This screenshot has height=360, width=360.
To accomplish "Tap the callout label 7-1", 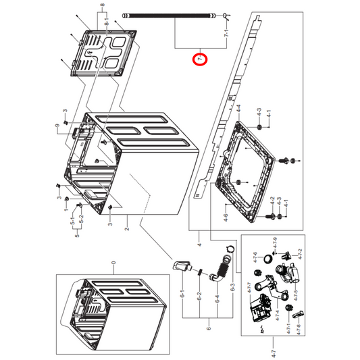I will (226, 32).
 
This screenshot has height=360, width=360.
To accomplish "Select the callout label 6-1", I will (182, 295).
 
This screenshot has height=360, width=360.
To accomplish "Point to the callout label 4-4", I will (238, 109).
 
